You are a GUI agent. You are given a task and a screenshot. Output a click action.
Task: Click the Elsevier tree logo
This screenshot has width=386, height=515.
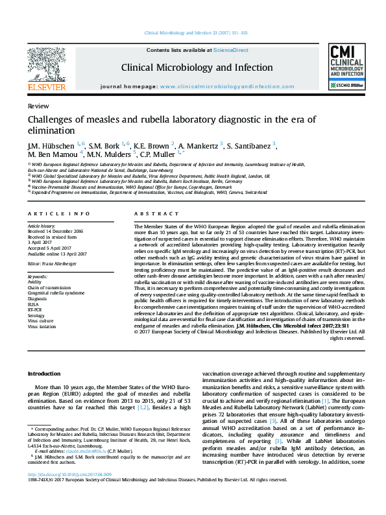click(x=46, y=64)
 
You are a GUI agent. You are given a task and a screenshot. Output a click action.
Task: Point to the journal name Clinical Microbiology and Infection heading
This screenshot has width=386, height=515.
click(x=197, y=67)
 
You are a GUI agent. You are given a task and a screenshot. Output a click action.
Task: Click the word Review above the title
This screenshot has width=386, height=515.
click(x=36, y=106)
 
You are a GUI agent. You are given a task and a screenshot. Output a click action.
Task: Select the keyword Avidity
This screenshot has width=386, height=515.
click(x=34, y=282)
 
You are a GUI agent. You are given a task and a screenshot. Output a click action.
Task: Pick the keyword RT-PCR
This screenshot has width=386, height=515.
click(x=35, y=310)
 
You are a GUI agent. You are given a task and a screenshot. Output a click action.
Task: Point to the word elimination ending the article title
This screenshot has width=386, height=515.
click(x=51, y=130)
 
